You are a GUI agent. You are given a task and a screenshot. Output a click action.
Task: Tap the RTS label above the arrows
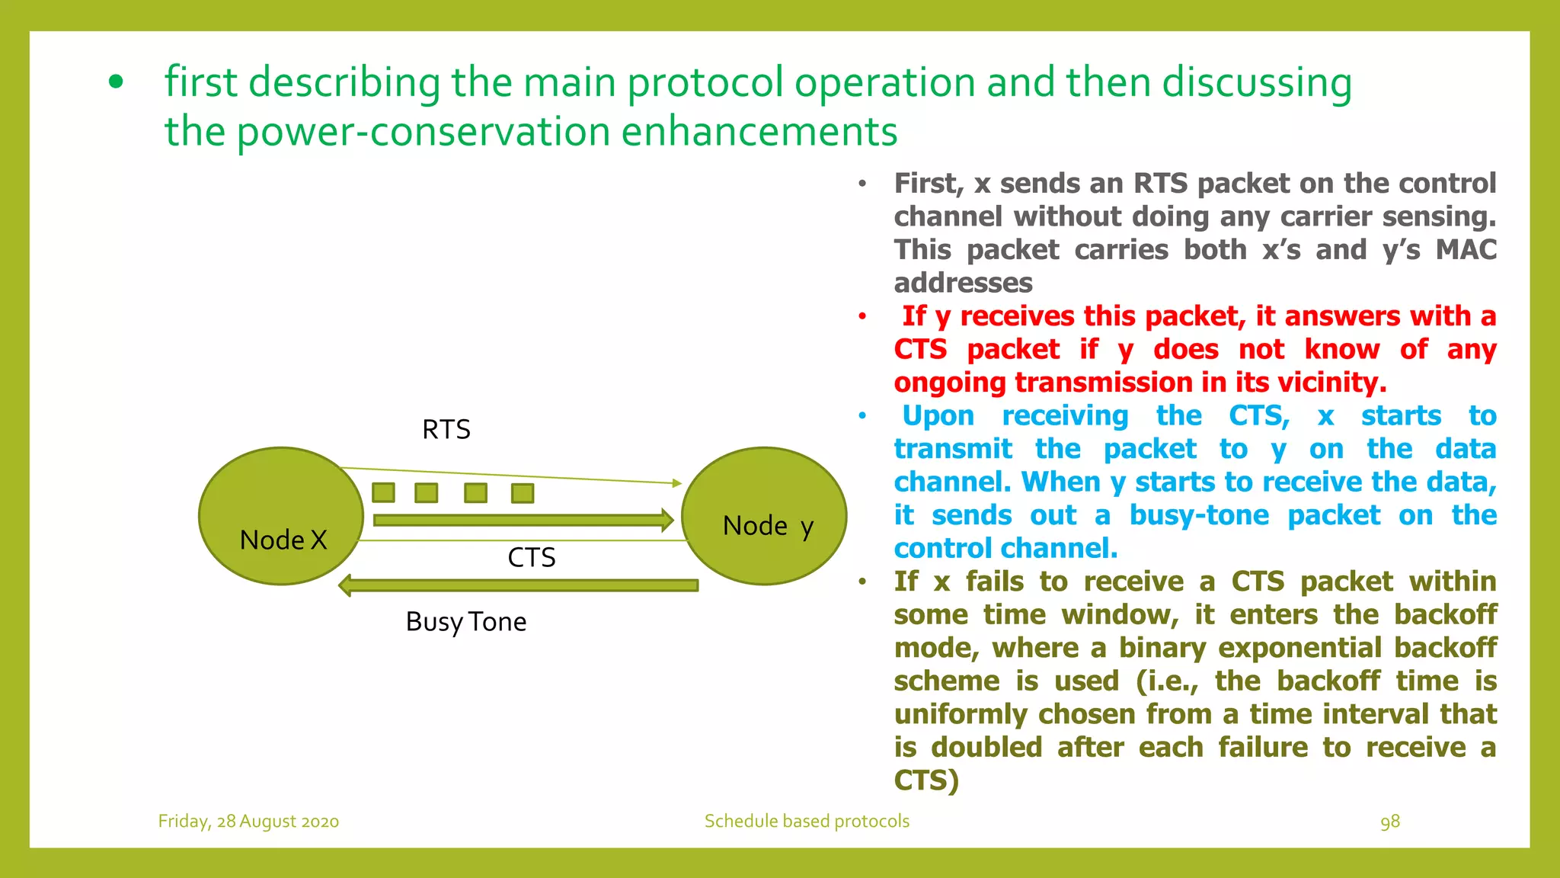coord(446,430)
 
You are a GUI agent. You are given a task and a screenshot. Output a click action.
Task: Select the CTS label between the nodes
coord(532,558)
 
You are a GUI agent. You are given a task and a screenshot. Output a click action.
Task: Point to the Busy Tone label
coord(466,622)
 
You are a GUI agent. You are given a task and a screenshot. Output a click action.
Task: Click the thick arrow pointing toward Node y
coord(523,521)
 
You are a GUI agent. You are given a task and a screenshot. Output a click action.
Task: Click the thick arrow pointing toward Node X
coord(518,585)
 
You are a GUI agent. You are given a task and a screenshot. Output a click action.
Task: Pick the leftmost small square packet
coord(383,492)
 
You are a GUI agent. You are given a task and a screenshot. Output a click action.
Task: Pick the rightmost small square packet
coord(523,493)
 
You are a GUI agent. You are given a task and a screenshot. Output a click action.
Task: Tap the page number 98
coord(1390,822)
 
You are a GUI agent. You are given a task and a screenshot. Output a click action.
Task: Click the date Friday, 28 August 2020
coord(248,822)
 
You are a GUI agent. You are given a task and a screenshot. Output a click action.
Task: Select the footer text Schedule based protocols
coord(807,822)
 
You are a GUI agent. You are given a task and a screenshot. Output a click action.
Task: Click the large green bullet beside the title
coord(116,82)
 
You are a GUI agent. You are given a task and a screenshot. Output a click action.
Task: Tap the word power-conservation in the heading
coord(424,131)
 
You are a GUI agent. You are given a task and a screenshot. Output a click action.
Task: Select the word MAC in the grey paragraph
coord(1466,250)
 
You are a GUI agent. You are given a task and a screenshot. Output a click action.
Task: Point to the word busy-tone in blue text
coord(1199,515)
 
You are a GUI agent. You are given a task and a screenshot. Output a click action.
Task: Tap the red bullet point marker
coord(862,316)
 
